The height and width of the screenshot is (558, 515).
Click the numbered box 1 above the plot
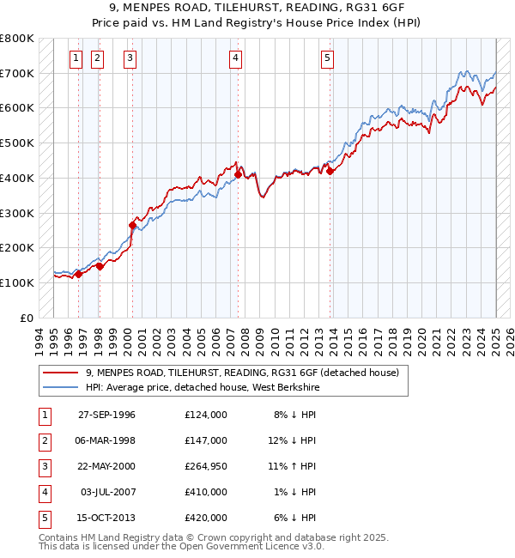pyautogui.click(x=76, y=58)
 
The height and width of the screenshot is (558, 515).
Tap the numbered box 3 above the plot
pyautogui.click(x=130, y=58)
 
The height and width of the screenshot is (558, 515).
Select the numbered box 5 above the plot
pyautogui.click(x=328, y=58)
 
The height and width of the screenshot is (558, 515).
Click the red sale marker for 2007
pyautogui.click(x=238, y=175)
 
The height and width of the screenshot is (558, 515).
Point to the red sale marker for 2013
pyautogui.click(x=330, y=171)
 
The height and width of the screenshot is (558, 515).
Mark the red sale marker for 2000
pyautogui.click(x=132, y=225)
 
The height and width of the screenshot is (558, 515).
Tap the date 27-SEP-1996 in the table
pyautogui.click(x=106, y=415)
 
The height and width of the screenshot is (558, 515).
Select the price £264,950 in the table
pyautogui.click(x=205, y=466)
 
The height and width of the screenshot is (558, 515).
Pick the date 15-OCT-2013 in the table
pyautogui.click(x=106, y=518)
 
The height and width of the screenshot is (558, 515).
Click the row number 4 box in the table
pyautogui.click(x=43, y=492)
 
